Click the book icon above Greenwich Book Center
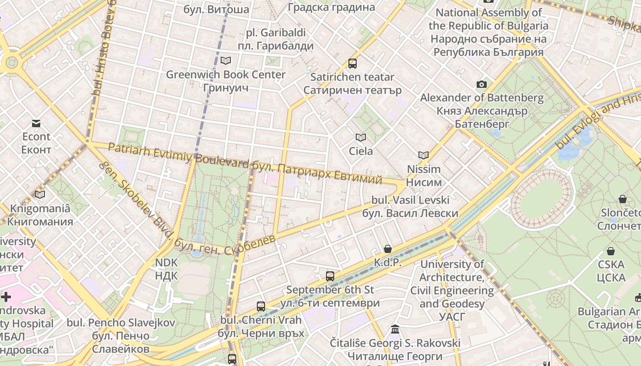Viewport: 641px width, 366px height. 225,60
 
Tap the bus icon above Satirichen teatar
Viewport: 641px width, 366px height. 352,64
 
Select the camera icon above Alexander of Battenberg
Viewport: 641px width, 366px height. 481,84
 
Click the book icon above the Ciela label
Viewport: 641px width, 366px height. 361,137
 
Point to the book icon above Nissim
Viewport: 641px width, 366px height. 423,156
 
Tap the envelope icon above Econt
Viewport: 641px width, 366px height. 36,123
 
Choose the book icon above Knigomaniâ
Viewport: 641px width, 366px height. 40,194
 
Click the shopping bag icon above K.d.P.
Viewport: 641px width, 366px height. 388,249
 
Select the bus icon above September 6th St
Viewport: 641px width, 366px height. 330,276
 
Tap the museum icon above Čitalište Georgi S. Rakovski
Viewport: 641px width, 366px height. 395,329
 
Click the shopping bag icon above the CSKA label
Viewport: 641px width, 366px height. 610,251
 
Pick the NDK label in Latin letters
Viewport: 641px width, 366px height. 166,263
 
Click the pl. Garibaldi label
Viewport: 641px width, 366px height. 276,33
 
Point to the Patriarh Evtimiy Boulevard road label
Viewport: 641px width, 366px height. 179,155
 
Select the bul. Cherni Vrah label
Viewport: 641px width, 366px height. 261,320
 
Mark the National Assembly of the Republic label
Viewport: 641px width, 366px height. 488,19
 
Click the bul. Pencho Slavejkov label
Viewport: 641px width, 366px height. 121,323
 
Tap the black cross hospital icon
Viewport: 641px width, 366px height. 6,297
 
